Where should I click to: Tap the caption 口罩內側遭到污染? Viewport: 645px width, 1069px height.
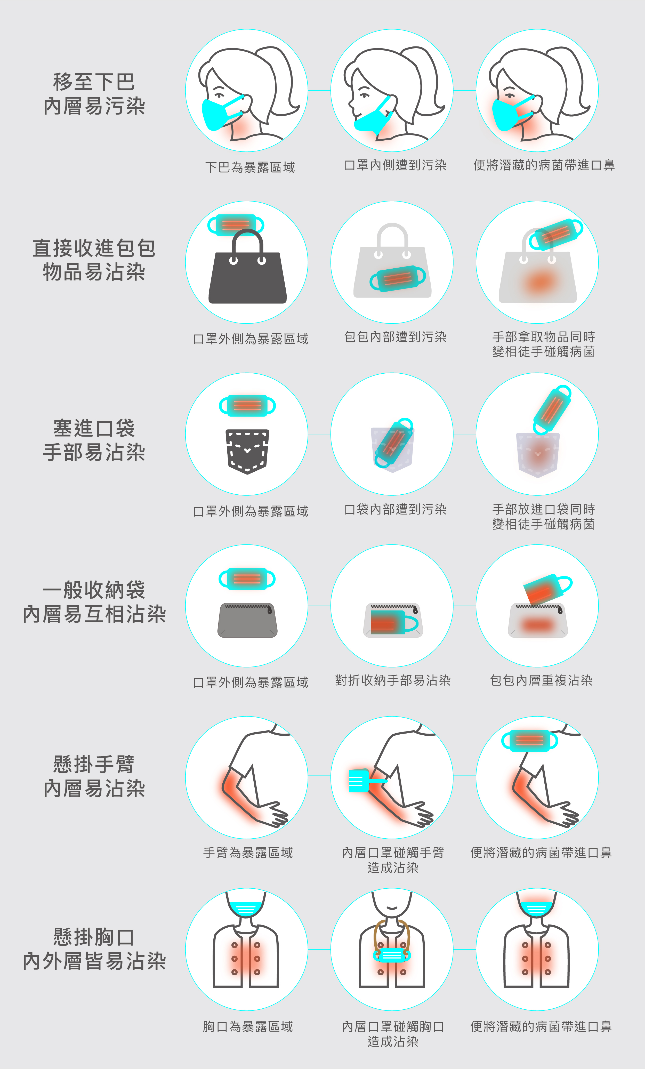(395, 165)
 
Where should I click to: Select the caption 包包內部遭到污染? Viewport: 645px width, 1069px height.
(395, 337)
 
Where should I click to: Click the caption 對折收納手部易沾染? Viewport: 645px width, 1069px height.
(393, 680)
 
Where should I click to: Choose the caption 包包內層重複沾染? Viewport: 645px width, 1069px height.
(541, 680)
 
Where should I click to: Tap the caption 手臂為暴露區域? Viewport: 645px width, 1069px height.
(248, 853)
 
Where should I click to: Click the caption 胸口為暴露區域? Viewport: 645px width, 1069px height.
(248, 1026)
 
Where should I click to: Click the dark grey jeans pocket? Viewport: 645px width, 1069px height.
(247, 452)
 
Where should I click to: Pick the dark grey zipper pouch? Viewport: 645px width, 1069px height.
(247, 620)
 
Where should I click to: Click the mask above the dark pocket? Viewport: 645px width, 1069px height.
(247, 406)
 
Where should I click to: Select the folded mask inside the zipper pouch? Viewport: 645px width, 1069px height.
(394, 622)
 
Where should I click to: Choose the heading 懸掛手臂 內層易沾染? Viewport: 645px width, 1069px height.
(94, 776)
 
